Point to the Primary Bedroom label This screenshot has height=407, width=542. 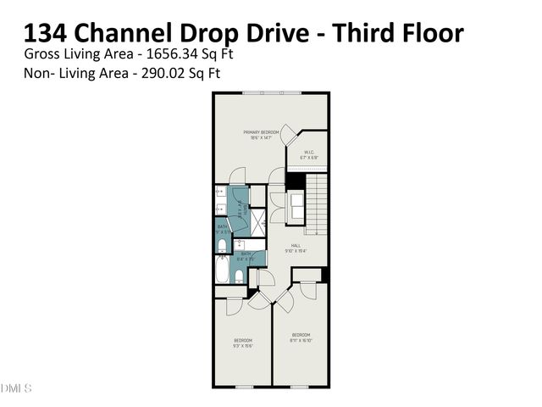pos(262,132)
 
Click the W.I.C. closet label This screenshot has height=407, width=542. pos(310,153)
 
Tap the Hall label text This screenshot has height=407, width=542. pos(297,245)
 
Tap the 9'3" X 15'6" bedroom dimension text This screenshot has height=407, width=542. pos(243,345)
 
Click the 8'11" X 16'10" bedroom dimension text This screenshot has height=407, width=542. pos(302,339)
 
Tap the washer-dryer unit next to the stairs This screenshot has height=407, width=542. pos(297,205)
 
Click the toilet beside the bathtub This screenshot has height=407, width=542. pos(240,276)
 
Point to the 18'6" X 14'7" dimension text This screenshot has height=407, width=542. pos(262,138)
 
